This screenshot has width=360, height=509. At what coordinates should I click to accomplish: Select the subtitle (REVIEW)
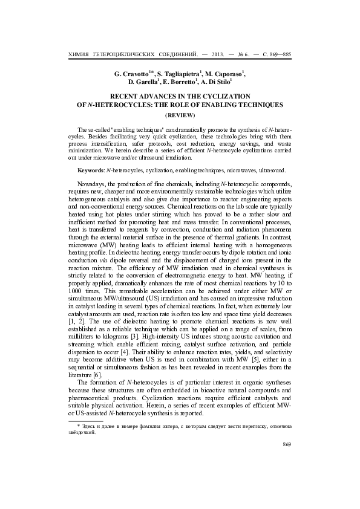180,114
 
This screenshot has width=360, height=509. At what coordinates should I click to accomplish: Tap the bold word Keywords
93,172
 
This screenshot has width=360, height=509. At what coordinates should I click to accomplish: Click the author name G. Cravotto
132,73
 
